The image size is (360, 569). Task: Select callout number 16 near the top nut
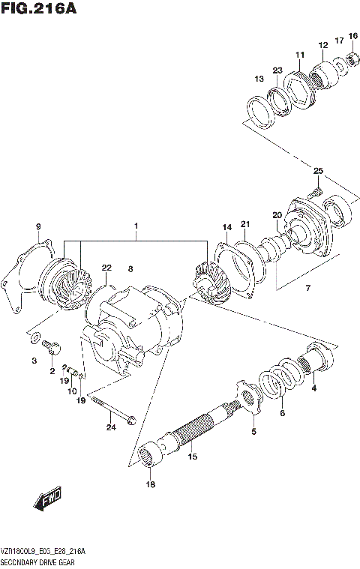tap(352, 35)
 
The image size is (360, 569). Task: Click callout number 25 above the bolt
tap(318, 172)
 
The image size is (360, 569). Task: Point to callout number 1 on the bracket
tap(136, 225)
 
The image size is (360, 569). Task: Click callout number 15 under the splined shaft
tap(192, 456)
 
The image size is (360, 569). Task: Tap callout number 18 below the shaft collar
tap(149, 486)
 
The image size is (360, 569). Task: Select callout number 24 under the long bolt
tap(111, 428)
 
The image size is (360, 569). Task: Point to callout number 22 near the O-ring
tap(106, 268)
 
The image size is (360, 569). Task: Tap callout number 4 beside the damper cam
tap(313, 388)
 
